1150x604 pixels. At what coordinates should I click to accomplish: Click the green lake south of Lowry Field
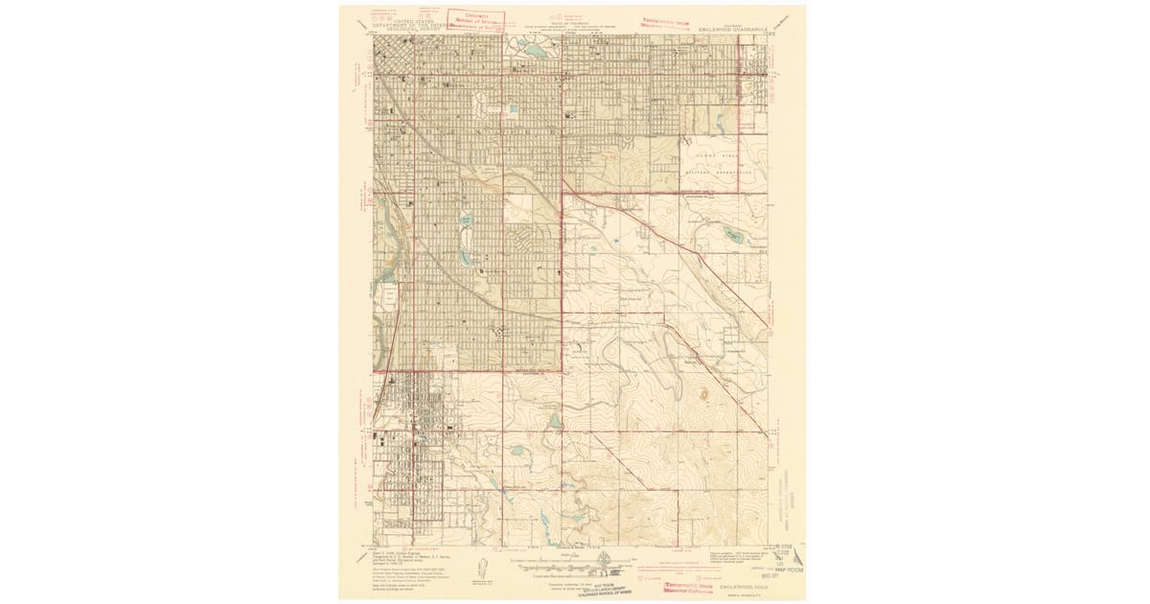733,233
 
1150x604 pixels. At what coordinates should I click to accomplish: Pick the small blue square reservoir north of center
515,108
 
